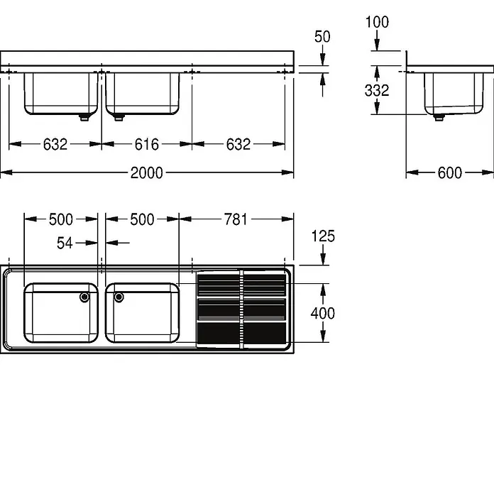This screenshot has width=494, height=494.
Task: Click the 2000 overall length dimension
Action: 146,173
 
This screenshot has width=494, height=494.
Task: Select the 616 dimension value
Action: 146,145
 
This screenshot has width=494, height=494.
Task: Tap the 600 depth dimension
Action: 449,173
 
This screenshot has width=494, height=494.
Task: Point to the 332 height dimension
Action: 377,90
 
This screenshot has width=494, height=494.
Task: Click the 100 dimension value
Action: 377,22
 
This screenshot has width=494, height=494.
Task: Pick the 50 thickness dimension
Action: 322,36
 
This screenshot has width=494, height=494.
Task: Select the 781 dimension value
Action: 236,219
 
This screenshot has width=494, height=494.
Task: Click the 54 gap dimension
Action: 65,243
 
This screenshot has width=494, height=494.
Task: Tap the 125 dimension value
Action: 323,236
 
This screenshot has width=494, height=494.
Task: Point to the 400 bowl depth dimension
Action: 323,314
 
